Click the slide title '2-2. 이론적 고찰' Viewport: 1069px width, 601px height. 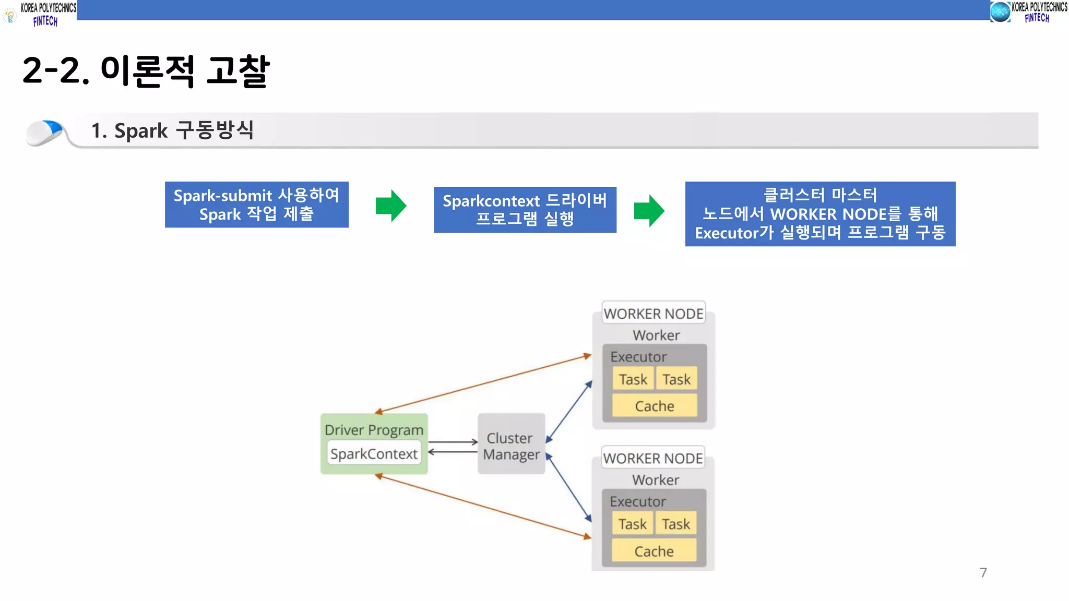click(x=146, y=71)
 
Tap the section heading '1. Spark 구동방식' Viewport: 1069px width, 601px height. click(x=172, y=130)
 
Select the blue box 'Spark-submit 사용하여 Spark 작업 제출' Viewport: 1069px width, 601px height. click(x=256, y=205)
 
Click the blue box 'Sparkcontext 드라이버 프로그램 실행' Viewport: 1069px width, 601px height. click(x=525, y=210)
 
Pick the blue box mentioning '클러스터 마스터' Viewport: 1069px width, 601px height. click(x=819, y=214)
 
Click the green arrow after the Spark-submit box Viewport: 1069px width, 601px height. click(x=391, y=206)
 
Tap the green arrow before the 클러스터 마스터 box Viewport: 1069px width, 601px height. click(x=649, y=211)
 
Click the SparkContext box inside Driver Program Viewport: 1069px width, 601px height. click(x=374, y=454)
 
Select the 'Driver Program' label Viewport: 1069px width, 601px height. click(x=374, y=430)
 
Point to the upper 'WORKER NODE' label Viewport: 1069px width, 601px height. click(x=654, y=314)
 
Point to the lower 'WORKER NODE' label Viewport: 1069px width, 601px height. click(x=653, y=458)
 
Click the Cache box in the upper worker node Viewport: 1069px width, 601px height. click(x=655, y=406)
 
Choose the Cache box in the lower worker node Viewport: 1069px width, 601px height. click(x=654, y=551)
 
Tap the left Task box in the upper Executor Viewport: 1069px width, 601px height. click(x=633, y=379)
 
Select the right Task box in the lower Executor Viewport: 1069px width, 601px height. click(x=676, y=524)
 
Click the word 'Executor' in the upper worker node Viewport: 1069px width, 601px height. click(x=638, y=357)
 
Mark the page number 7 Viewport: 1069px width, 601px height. click(x=983, y=573)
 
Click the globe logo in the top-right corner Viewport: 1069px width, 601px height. click(x=1000, y=12)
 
